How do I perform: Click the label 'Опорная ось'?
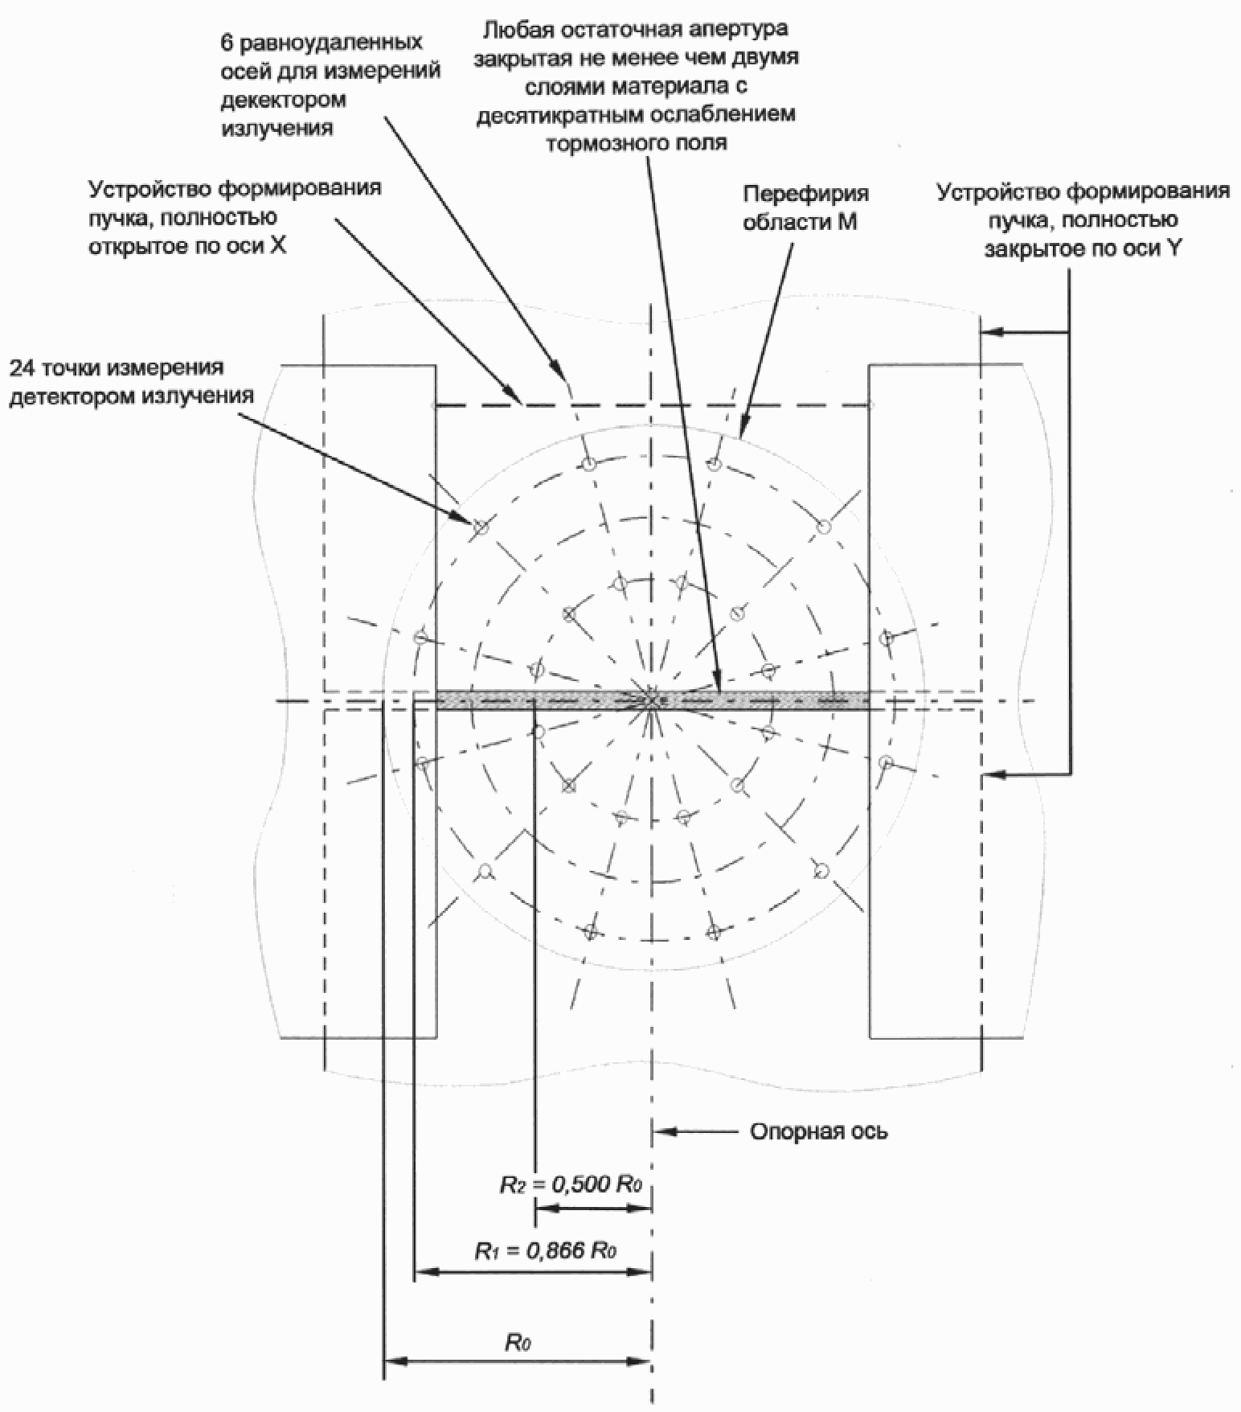point(818,1131)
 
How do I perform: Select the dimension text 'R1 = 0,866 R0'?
point(546,1251)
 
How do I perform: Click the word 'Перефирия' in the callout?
point(805,194)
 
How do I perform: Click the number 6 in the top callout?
point(227,42)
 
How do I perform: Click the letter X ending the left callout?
point(277,245)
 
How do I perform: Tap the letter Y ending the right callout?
point(1174,248)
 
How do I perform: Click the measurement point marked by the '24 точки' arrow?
point(480,527)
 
